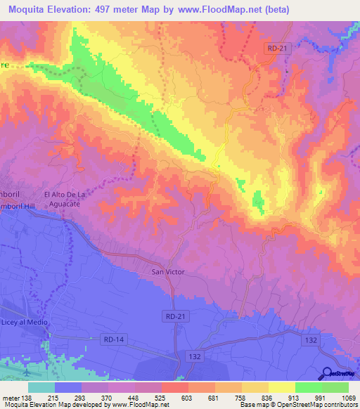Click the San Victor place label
pyautogui.click(x=168, y=271)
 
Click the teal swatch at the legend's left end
pyautogui.click(x=41, y=387)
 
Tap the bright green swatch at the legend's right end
pyautogui.click(x=335, y=387)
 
